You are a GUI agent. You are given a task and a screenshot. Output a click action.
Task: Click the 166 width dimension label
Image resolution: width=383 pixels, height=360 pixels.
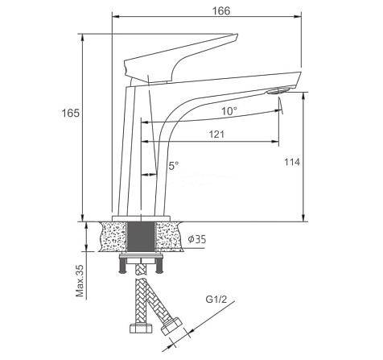[221, 10]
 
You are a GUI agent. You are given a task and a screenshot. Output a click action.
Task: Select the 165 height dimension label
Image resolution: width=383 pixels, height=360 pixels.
[71, 113]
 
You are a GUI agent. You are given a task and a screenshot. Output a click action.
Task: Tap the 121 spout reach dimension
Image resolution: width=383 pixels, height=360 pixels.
[216, 134]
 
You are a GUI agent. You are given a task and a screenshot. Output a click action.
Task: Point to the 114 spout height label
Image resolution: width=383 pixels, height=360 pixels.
[292, 162]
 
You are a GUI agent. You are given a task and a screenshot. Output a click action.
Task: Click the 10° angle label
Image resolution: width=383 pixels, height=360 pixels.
[229, 111]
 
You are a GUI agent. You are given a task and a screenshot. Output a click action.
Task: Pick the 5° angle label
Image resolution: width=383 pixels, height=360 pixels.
[174, 166]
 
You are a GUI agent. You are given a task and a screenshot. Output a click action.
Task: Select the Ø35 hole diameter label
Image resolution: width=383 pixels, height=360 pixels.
[197, 238]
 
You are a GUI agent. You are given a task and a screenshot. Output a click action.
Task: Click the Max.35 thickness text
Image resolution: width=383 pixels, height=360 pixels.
[80, 280]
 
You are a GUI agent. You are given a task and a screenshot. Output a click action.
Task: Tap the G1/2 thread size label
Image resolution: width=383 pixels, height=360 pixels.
[216, 299]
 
